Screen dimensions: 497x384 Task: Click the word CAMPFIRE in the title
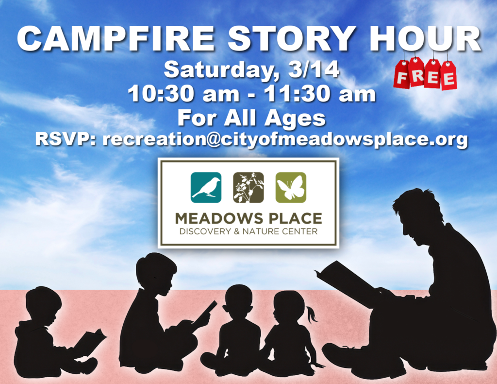116,39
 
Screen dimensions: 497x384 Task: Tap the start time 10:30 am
183,94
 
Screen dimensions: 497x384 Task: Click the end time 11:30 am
320,94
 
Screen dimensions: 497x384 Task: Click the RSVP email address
285,140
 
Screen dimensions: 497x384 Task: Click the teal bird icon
206,188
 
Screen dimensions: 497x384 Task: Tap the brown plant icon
248,188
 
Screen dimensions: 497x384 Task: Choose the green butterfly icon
291,188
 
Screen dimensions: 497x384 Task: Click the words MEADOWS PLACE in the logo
248,219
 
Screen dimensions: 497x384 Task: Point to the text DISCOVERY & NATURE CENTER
248,231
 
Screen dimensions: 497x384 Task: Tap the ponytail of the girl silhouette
312,314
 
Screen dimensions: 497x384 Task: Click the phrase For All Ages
252,118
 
